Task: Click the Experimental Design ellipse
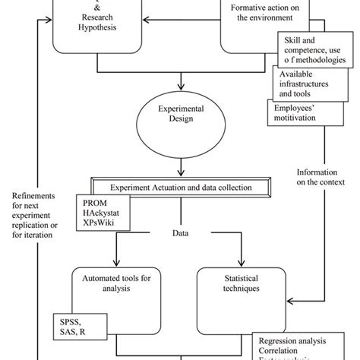tap(182, 124)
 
